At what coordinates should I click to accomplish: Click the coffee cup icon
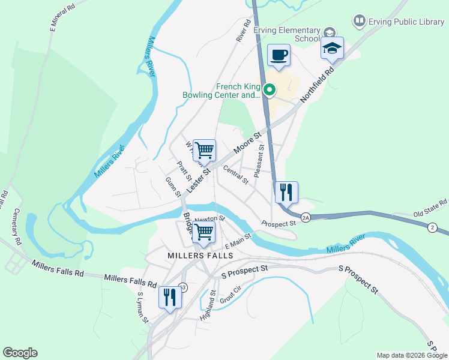(x=279, y=56)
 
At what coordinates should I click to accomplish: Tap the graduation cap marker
(x=332, y=49)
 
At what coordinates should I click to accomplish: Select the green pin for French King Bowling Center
(x=270, y=91)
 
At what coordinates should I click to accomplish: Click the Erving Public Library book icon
(x=360, y=22)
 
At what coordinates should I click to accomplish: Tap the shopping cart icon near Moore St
(x=204, y=150)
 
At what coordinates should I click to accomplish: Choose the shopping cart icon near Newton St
(x=204, y=232)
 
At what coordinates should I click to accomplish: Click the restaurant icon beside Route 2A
(x=286, y=192)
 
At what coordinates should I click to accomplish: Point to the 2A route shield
(x=306, y=218)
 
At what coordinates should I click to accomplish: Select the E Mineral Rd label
(x=62, y=17)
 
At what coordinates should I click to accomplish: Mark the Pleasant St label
(x=259, y=160)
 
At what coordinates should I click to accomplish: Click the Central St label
(x=235, y=175)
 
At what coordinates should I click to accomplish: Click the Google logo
(x=20, y=353)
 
